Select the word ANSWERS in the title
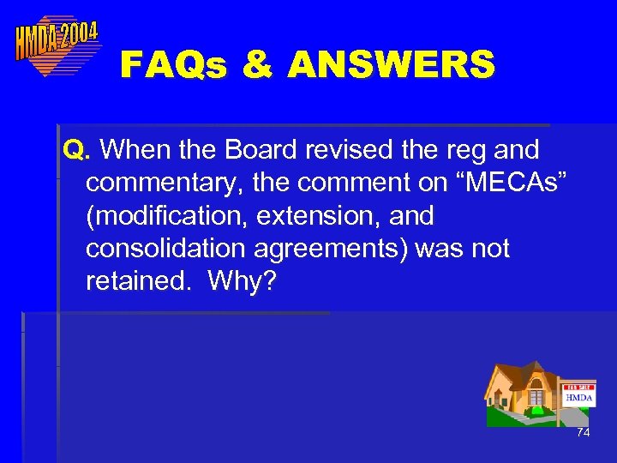click(x=392, y=64)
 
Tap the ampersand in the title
click(x=258, y=64)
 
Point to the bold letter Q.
click(x=75, y=151)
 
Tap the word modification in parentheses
click(x=172, y=216)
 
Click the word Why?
click(x=241, y=280)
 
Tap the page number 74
click(x=583, y=433)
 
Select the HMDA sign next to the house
click(x=579, y=396)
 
